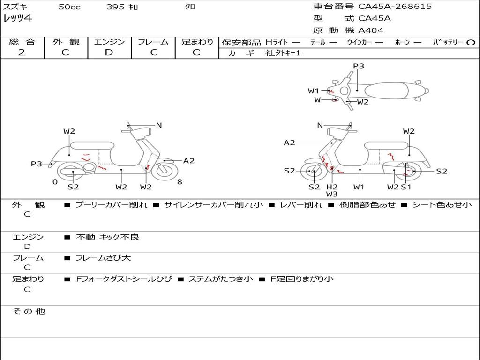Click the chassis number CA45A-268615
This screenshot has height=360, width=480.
tap(395, 7)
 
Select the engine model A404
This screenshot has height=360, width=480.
tap(371, 30)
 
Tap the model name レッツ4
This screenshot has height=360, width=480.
tap(17, 18)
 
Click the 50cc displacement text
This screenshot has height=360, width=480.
tap(69, 7)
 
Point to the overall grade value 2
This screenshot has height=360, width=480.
tap(22, 52)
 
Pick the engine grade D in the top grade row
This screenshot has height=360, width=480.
tap(109, 52)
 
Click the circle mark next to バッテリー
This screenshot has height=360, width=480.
tap(471, 43)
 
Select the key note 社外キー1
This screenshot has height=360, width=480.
tap(283, 53)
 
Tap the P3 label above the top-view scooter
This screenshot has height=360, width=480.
tap(359, 66)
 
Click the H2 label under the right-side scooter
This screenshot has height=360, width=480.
tap(332, 187)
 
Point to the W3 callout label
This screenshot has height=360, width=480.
tap(332, 194)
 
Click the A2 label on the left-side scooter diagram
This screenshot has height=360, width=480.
tap(189, 161)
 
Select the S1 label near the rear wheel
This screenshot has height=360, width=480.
tap(406, 187)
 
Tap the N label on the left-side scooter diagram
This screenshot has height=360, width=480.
tap(158, 125)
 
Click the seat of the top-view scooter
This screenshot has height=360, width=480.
tap(386, 91)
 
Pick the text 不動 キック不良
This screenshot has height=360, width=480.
tap(107, 237)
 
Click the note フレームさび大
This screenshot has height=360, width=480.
tap(103, 258)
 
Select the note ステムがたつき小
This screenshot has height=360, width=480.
tap(221, 279)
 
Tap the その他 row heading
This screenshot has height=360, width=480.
tap(29, 311)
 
